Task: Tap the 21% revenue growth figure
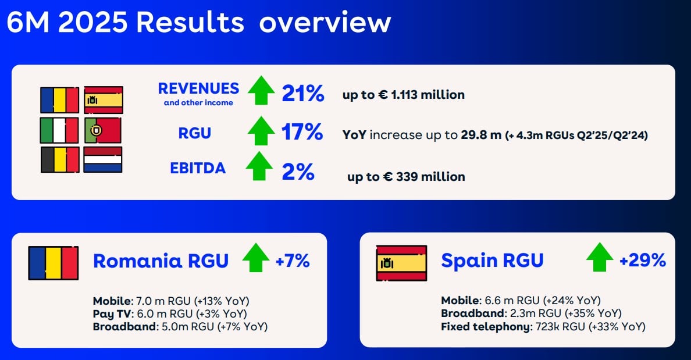coord(302,93)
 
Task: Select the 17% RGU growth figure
coord(302,132)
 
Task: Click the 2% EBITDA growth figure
coord(298,172)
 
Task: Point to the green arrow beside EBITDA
coord(259,166)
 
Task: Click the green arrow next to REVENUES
coord(261,91)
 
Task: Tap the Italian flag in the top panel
coord(59,130)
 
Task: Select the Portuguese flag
coord(103,130)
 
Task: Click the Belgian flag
coord(59,159)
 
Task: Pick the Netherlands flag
coord(103,159)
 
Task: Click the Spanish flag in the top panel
coord(103,99)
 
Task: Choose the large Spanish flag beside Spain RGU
coord(401,263)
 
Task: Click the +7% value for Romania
coord(292,261)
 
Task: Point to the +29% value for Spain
coord(642,261)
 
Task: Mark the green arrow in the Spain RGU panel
coord(600,257)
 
